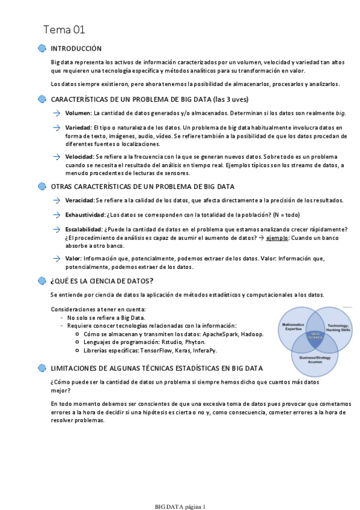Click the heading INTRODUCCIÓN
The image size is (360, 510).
(x=76, y=49)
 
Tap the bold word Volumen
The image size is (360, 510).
(x=78, y=113)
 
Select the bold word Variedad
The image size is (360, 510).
(x=78, y=128)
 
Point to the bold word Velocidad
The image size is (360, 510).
(x=79, y=156)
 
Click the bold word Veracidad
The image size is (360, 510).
(x=79, y=200)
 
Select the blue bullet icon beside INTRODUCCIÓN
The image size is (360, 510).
(x=41, y=49)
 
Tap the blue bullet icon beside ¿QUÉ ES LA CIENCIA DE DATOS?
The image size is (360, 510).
(x=41, y=281)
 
